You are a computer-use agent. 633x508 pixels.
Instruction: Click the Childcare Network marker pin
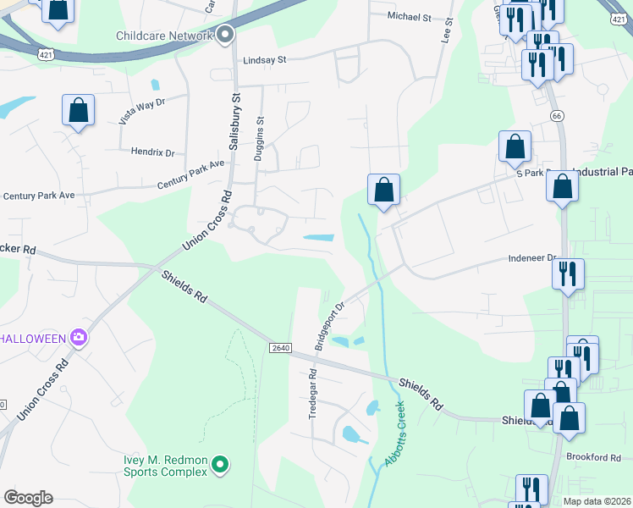pyautogui.click(x=225, y=35)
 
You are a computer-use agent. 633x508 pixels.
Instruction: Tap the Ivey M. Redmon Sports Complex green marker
pyautogui.click(x=220, y=464)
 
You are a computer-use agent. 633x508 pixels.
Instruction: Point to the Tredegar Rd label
pyautogui.click(x=312, y=393)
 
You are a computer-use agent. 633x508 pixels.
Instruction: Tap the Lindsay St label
pyautogui.click(x=265, y=60)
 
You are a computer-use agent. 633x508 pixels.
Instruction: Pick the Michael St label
pyautogui.click(x=409, y=17)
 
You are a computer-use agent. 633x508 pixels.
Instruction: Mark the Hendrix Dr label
pyautogui.click(x=152, y=152)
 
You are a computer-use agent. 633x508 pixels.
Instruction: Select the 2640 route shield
pyautogui.click(x=281, y=349)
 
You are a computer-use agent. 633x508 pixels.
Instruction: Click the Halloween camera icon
pyautogui.click(x=78, y=339)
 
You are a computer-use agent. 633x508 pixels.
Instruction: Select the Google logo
pyautogui.click(x=28, y=498)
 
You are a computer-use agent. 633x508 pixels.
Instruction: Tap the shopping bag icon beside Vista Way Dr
pyautogui.click(x=78, y=110)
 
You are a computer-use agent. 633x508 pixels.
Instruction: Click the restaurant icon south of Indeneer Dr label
pyautogui.click(x=568, y=273)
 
